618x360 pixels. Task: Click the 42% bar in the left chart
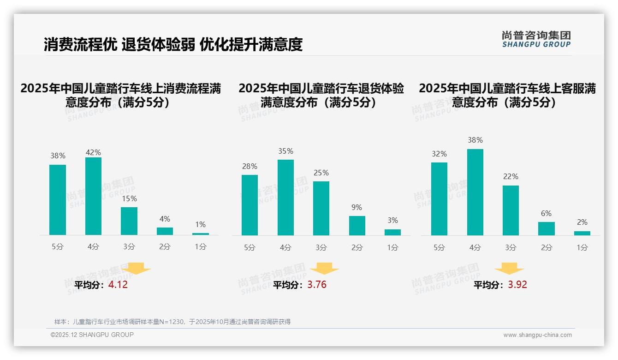tap(93, 196)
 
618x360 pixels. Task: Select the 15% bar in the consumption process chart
tap(129, 221)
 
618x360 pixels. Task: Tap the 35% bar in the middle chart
tap(285, 198)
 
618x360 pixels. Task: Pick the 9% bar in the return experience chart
tap(357, 226)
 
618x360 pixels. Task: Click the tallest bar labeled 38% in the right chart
tap(475, 192)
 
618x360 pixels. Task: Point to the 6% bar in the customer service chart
tap(547, 228)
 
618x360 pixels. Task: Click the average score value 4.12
tap(118, 285)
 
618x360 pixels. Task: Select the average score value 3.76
tap(317, 285)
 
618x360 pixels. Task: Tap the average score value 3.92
tap(517, 285)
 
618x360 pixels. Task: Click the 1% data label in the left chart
tap(200, 225)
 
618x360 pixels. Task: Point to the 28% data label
tap(250, 167)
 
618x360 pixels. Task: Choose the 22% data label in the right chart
tap(511, 177)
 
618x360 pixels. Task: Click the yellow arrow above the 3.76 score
tap(324, 269)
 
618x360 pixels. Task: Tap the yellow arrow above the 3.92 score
tap(509, 269)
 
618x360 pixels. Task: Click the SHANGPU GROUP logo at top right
tap(536, 39)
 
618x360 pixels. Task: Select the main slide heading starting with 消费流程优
tap(173, 44)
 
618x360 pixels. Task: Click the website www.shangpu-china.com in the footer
tap(537, 335)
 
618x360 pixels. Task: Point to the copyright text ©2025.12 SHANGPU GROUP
tap(92, 335)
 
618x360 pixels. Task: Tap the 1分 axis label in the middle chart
tap(392, 247)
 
